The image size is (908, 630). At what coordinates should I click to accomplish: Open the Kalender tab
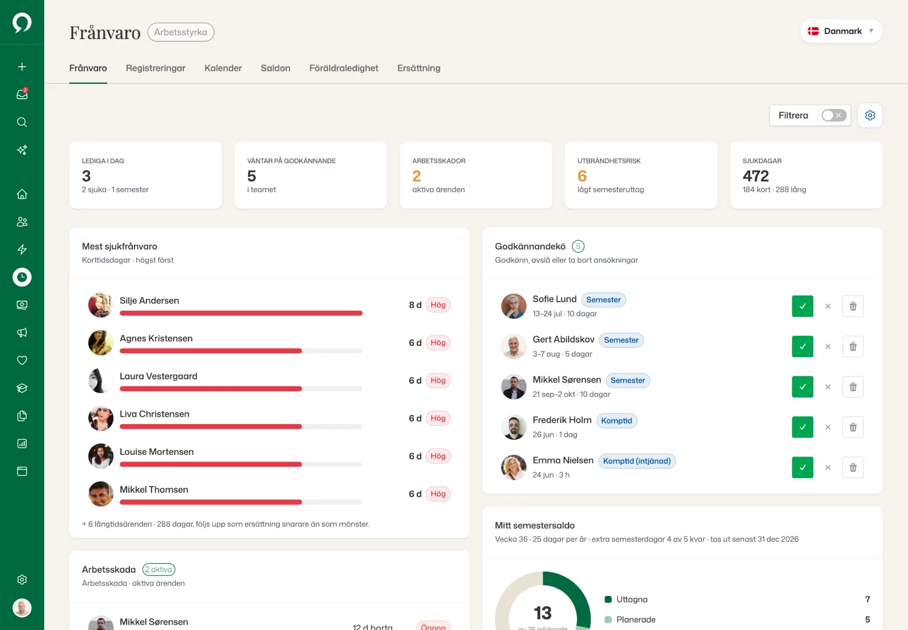[223, 68]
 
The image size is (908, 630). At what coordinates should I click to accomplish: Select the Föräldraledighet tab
[344, 68]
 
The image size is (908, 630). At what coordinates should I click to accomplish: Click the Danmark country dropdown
[841, 31]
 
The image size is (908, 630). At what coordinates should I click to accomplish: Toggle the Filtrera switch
[834, 116]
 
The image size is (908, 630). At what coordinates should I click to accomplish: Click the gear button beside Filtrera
[870, 116]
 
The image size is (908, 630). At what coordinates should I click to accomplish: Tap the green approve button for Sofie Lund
[802, 306]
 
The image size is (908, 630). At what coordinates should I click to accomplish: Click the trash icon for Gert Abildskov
[853, 347]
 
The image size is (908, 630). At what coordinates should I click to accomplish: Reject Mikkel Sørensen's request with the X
[828, 387]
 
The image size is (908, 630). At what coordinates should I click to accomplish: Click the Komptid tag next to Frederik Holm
[616, 421]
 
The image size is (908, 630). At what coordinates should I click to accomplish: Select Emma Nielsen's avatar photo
[514, 467]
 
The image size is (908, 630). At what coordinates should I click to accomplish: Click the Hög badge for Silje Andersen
[438, 305]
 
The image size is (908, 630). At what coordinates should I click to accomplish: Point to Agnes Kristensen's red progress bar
[211, 351]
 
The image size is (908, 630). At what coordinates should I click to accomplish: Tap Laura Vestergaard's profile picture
[100, 380]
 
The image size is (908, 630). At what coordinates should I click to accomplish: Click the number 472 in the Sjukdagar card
[755, 176]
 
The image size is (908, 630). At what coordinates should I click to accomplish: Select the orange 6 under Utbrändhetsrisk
[582, 176]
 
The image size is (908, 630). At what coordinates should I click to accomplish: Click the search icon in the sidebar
[22, 122]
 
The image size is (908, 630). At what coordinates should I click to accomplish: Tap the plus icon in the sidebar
[22, 67]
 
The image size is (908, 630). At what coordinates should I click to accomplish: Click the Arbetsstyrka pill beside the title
[181, 32]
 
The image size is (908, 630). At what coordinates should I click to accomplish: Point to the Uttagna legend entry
[627, 599]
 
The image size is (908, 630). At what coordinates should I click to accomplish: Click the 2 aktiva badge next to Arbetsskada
[159, 569]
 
